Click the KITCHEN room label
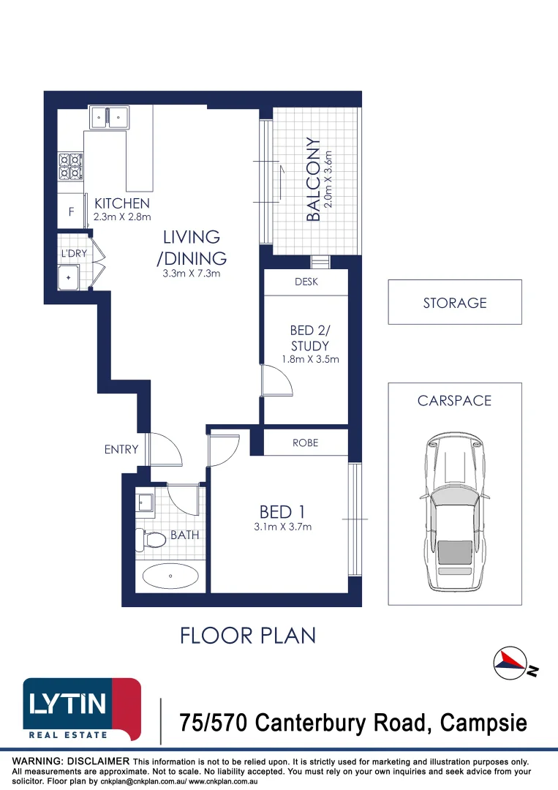121,203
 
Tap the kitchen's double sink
109,116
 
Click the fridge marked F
71,213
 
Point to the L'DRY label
74,254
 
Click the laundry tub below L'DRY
69,278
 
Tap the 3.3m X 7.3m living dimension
191,274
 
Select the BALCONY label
313,180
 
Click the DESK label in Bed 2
306,282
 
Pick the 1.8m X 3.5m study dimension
310,359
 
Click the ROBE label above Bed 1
305,443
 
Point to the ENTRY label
121,449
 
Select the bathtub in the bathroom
170,576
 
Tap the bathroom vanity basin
144,503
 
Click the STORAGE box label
454,302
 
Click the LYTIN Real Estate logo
82,708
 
